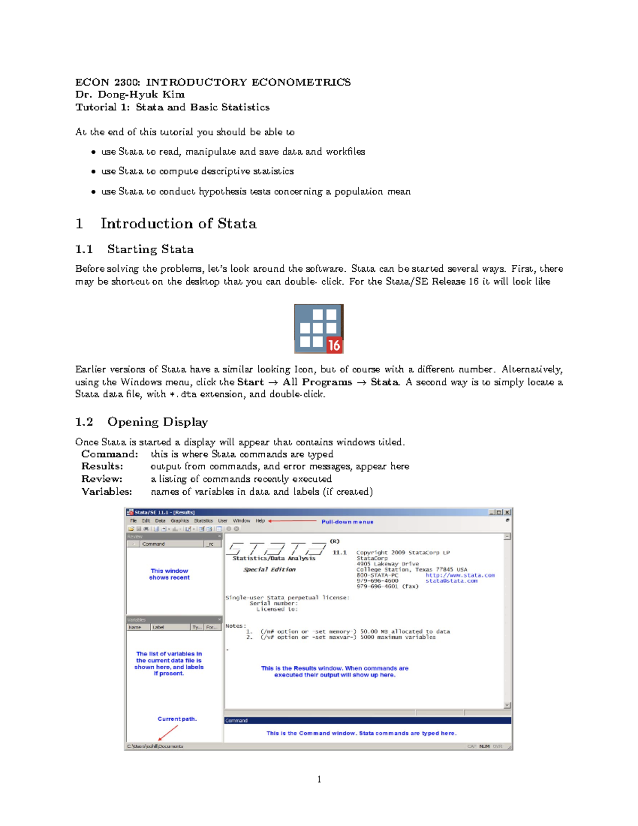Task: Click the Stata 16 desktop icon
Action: [318, 329]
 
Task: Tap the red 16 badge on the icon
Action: [334, 345]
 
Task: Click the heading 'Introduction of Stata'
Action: [178, 223]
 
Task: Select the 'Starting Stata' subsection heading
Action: [150, 249]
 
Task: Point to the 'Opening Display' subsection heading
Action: [157, 422]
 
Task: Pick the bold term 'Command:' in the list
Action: [110, 454]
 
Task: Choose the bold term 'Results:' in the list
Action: [102, 466]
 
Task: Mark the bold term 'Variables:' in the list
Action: [106, 492]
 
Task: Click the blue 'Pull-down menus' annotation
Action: [347, 522]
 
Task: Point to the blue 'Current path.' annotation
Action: [177, 719]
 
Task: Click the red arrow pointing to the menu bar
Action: [292, 521]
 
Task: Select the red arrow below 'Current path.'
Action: [168, 733]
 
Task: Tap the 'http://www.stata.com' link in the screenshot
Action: [460, 575]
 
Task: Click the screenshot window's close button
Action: [507, 512]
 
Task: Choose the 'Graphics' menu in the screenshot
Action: [180, 521]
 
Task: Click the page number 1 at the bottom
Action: [319, 780]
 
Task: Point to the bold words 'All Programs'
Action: [317, 382]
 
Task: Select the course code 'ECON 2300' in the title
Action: [107, 82]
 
